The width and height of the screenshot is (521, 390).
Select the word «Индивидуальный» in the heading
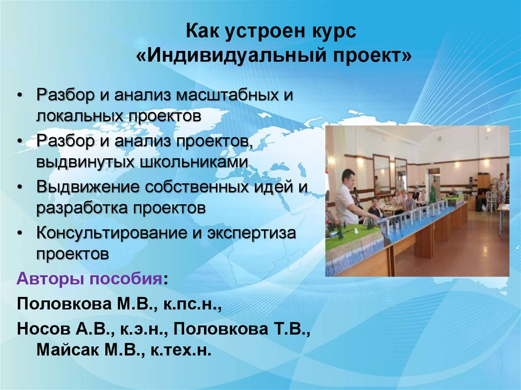click(x=232, y=56)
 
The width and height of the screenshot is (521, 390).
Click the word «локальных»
click(x=80, y=116)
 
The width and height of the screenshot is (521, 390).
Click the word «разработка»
click(x=82, y=208)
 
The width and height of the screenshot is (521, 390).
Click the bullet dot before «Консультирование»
click(x=20, y=233)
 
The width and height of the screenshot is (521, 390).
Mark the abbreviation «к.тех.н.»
click(x=181, y=350)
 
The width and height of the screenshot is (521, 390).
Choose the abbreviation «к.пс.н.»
click(x=192, y=304)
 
